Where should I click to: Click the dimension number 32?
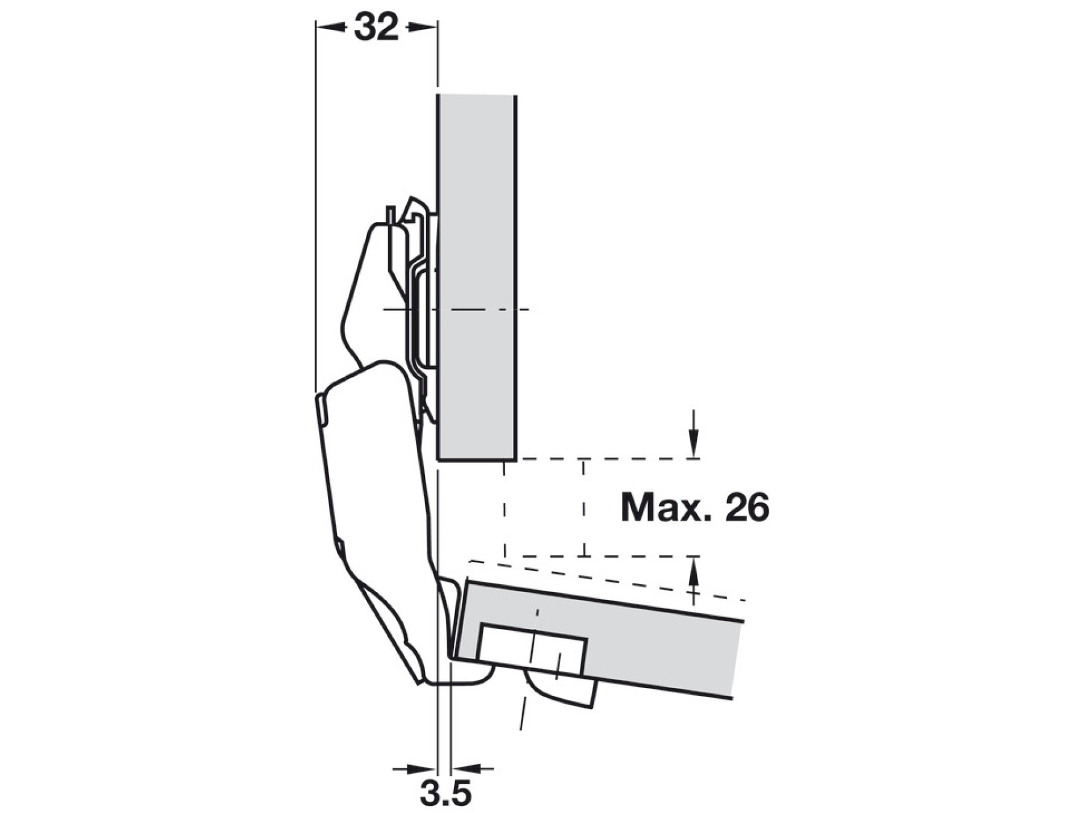click(x=377, y=27)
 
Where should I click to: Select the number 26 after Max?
click(x=747, y=508)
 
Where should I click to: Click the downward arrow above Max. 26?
click(x=694, y=434)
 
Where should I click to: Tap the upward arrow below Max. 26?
click(x=694, y=581)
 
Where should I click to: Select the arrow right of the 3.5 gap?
click(x=473, y=769)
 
